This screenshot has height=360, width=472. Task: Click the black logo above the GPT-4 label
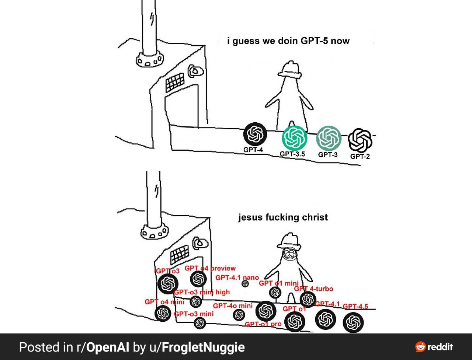255,134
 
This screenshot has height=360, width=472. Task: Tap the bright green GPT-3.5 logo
294,138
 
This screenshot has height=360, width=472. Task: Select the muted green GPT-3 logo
329,138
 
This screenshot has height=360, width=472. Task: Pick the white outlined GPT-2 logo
360,140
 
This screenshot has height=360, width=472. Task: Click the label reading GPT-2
360,156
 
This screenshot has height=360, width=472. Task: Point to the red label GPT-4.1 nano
237,277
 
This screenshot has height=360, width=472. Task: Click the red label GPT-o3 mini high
202,292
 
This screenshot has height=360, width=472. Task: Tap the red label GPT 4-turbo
313,289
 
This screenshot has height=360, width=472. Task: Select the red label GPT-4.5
355,306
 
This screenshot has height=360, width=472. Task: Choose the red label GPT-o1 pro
263,324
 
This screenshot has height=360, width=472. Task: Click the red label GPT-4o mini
233,306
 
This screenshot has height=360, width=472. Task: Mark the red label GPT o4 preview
210,268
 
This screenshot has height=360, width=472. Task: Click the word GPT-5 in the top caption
315,41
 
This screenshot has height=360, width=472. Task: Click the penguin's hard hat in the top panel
290,69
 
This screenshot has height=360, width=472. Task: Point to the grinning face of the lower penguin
289,255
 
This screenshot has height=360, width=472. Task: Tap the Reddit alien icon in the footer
420,347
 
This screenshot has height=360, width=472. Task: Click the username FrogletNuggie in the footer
203,347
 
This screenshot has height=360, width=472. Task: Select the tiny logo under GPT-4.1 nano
245,284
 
